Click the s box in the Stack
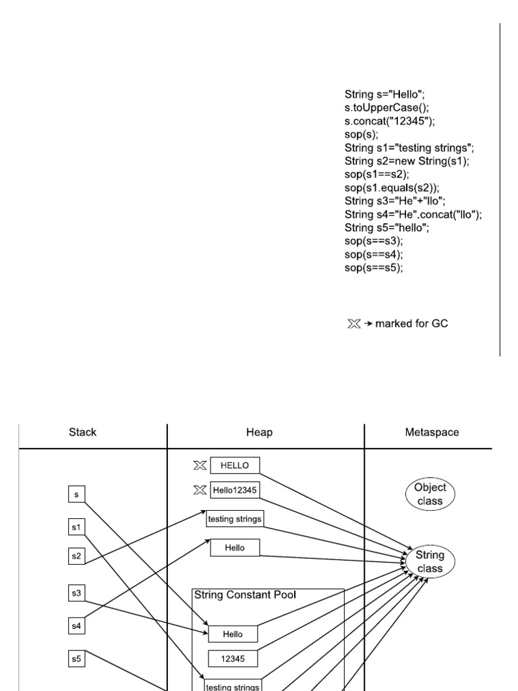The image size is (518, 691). (x=77, y=494)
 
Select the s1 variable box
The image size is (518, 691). (x=77, y=527)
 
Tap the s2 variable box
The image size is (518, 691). (x=77, y=556)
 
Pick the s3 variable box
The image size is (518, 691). (x=77, y=592)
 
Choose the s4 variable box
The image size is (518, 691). (x=77, y=626)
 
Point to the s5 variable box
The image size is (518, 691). (x=77, y=659)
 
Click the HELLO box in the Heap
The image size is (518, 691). (x=235, y=466)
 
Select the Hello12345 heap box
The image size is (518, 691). (x=235, y=490)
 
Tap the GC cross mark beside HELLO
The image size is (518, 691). (x=200, y=466)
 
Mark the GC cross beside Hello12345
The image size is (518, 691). (x=200, y=490)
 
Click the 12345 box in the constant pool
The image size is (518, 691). (x=233, y=659)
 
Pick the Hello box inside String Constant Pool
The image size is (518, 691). (x=233, y=634)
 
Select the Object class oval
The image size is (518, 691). (x=430, y=494)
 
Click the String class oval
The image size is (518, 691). (x=430, y=561)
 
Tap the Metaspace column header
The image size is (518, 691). (x=432, y=433)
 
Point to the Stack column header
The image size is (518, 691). (x=82, y=433)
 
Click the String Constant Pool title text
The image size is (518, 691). (x=246, y=595)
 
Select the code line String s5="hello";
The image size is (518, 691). (x=386, y=228)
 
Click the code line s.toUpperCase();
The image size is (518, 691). (x=386, y=107)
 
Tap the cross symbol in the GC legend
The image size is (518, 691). (x=354, y=324)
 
